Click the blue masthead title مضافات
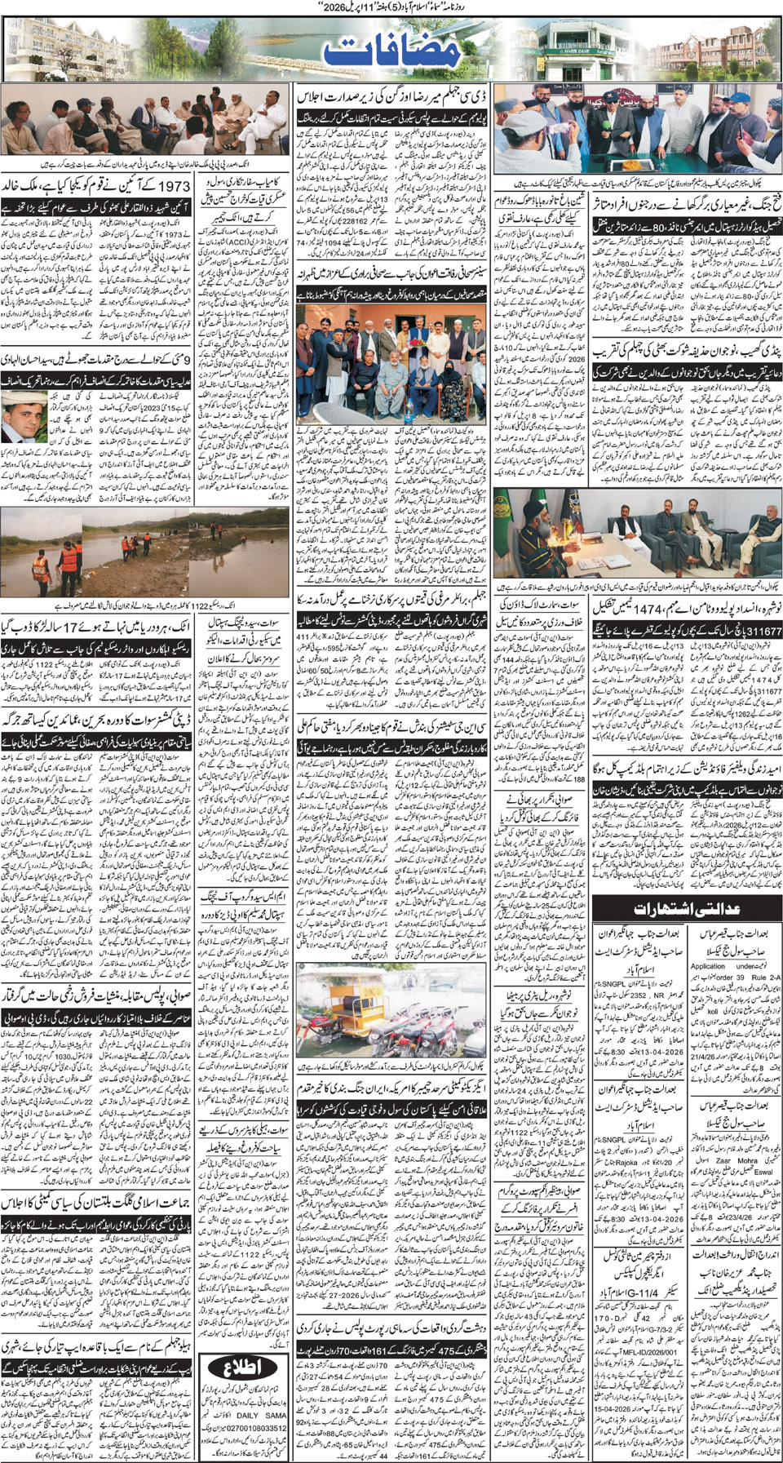click(391, 51)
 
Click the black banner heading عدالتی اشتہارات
click(688, 907)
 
